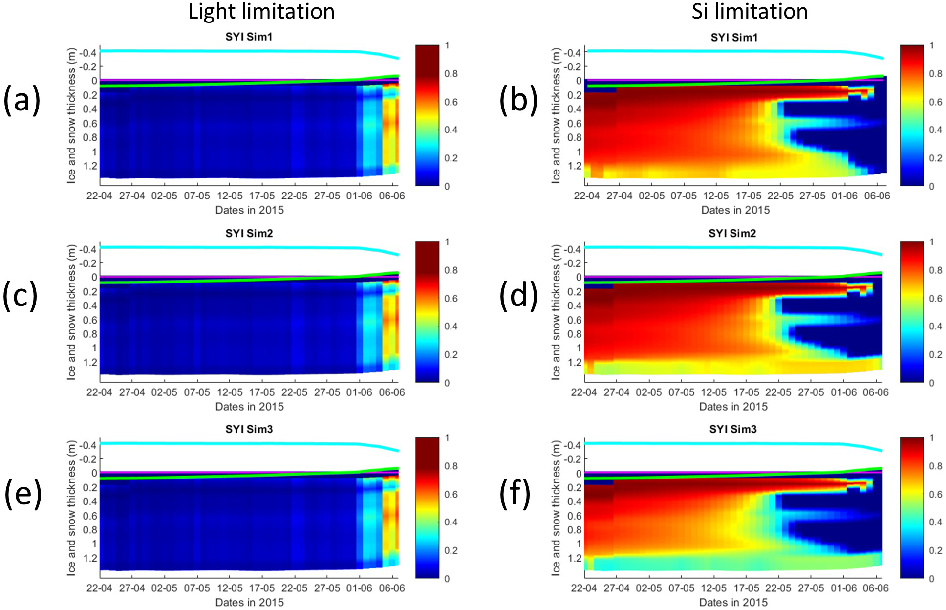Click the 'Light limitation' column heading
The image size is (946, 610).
click(261, 12)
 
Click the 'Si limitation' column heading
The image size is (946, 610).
click(749, 12)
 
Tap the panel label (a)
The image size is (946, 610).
click(21, 100)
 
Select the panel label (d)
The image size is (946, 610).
click(518, 296)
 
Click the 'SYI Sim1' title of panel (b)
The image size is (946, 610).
click(734, 38)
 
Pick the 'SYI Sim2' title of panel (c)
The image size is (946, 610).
click(249, 234)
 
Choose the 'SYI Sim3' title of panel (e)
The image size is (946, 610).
click(249, 429)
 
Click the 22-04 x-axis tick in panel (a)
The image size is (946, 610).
click(99, 196)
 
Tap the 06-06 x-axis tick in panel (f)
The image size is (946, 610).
click(876, 588)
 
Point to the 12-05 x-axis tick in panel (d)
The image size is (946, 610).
click(714, 392)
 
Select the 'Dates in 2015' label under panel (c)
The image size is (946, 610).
click(249, 407)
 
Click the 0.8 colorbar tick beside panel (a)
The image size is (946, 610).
click(451, 74)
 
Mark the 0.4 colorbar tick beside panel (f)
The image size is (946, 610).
click(935, 523)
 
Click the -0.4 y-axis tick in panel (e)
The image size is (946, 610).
click(88, 445)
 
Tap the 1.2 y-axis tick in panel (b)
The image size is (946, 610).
click(575, 166)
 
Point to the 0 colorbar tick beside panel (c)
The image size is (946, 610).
click(447, 383)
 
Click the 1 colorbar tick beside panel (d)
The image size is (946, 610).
click(932, 242)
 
